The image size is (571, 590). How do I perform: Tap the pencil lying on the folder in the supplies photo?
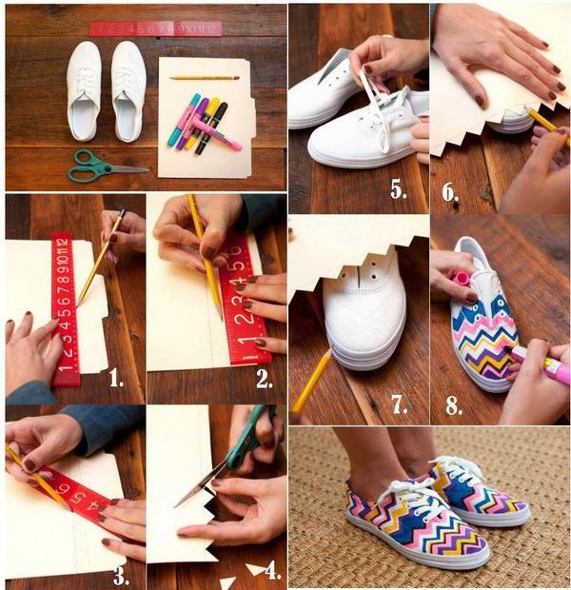point(205,78)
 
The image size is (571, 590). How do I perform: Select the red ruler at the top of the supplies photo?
point(156,29)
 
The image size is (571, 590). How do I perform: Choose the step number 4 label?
point(273,571)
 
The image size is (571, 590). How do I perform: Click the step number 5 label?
point(398,189)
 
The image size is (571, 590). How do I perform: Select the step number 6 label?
point(450,192)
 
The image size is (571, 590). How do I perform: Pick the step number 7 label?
point(399,404)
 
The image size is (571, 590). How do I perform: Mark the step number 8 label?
point(454,405)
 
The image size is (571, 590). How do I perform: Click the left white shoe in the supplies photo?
point(84,91)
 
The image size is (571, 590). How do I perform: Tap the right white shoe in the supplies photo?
point(128,91)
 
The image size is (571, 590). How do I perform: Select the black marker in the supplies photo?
point(211,128)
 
